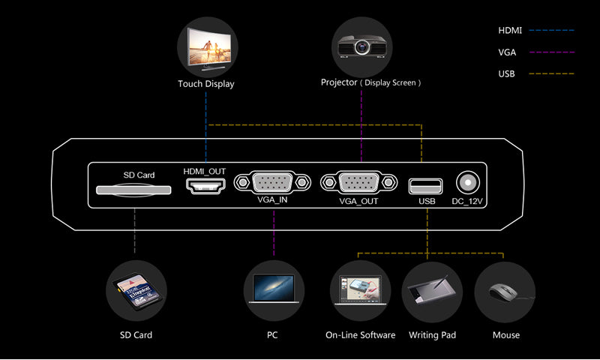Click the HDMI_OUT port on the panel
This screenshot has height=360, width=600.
[205, 186]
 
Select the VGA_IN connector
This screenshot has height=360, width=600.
[272, 182]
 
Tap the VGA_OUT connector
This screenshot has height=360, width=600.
[358, 182]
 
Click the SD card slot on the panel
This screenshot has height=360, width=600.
[133, 190]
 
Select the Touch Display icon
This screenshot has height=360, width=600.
[207, 46]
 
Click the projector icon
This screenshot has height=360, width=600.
[361, 46]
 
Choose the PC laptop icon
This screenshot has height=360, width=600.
[273, 290]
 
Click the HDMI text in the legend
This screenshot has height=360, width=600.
[510, 31]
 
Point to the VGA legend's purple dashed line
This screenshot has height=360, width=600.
[551, 52]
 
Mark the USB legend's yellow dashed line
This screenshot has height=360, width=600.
[551, 73]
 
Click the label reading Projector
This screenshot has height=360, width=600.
[339, 82]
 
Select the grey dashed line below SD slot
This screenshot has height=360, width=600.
[135, 232]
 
